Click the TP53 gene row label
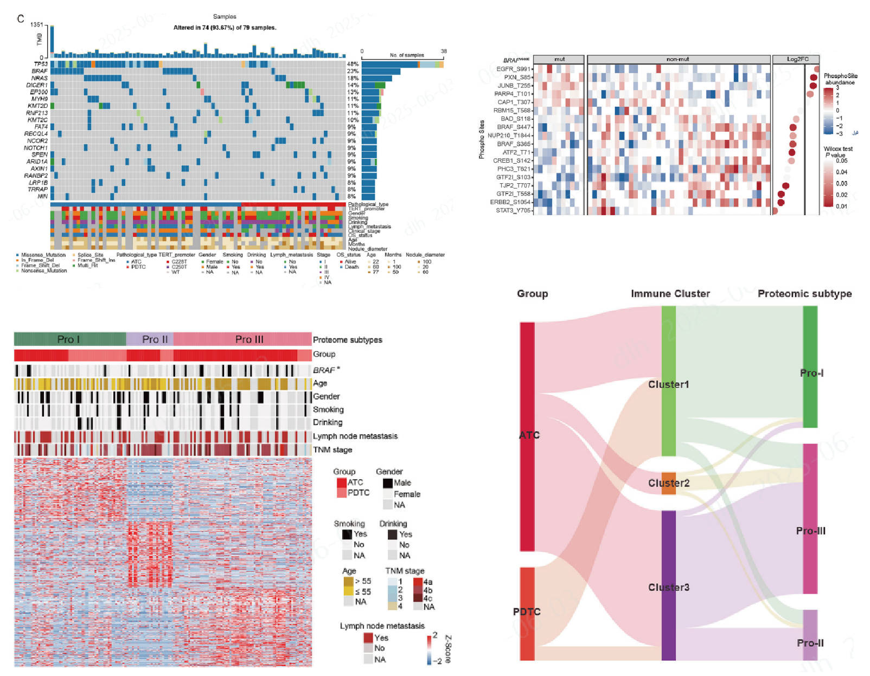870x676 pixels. coord(41,64)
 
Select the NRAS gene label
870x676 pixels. coord(40,78)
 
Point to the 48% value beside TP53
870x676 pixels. coord(353,64)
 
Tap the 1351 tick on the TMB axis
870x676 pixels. coord(37,25)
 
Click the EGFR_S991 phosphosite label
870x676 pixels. coord(513,69)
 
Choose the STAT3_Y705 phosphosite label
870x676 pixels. coord(513,210)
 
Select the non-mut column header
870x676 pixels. coord(678,59)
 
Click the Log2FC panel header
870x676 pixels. coord(797,59)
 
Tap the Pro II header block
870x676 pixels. coord(150,339)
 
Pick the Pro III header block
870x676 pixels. coord(242,339)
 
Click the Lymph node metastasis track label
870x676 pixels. coord(355,436)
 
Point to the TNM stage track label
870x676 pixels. coord(332,449)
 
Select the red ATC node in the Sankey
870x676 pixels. coord(527,436)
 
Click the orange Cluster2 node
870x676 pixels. coord(669,483)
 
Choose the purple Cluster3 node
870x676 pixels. coord(669,585)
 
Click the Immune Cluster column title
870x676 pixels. coord(670,294)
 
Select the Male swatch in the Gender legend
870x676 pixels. coord(388,483)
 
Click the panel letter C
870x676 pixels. coord(21,19)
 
